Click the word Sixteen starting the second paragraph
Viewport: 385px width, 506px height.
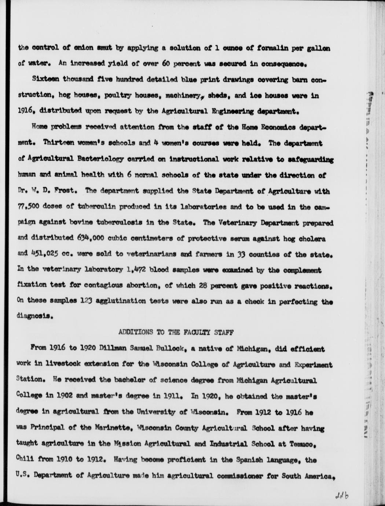(x=44, y=80)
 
